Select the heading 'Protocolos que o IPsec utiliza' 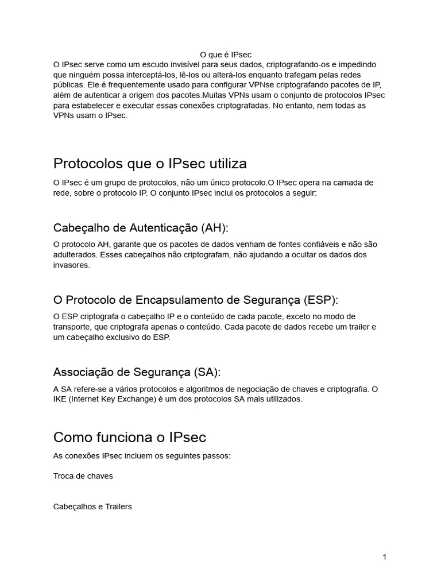pos(150,164)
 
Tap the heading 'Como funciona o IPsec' pos(130,437)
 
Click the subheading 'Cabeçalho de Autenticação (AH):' pos(141,228)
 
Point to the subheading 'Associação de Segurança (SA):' pos(137,372)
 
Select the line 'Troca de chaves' pos(83,476)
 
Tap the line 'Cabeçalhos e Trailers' pos(92,507)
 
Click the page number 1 pos(384,557)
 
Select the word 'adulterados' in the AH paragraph pos(75,255)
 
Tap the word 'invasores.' pos(72,265)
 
